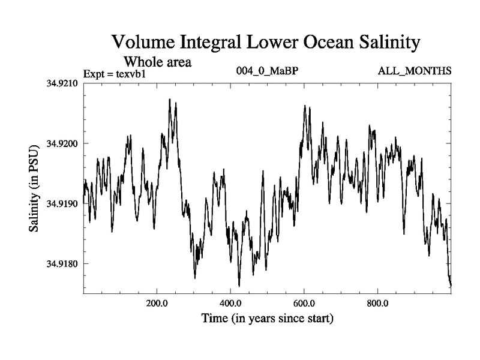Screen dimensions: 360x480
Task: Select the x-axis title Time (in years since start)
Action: (267, 318)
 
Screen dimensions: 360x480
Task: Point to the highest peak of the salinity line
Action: (170, 99)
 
